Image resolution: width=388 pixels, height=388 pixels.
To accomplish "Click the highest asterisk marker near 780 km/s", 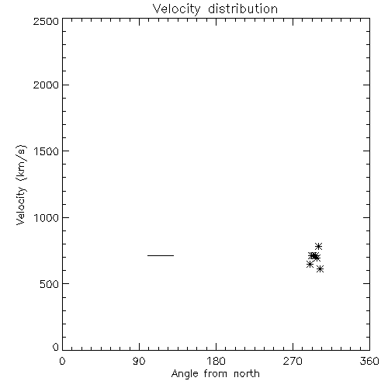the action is coord(318,246).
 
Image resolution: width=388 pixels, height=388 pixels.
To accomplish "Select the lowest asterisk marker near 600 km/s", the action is coord(320,269).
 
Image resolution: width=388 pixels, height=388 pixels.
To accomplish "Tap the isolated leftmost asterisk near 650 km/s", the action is coord(310,265).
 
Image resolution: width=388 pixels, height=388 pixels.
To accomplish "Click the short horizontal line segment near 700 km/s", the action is coord(161,255).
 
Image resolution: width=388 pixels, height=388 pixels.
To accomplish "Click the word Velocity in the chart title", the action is coord(176,9).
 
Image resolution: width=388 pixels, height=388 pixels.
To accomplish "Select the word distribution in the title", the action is coord(243,9).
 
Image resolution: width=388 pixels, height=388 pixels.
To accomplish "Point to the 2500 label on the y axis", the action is coord(46,21).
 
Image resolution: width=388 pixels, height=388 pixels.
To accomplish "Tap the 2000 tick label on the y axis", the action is coord(46,85).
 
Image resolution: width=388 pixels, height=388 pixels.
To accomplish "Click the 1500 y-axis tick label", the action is coord(47,151).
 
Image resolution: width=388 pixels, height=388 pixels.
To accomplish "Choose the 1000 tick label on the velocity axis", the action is coord(47,218).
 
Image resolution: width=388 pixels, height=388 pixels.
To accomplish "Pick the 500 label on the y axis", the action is coord(50,284).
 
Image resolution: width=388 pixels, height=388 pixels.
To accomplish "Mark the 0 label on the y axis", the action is coord(56,347).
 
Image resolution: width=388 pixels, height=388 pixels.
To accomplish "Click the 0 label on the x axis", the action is coord(62,361).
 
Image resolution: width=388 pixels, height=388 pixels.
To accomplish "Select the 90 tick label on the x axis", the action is coord(139,361).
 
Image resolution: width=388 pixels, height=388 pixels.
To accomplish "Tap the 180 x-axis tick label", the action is coord(216,361).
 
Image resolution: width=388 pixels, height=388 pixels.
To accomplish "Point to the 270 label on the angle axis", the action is coord(293,361).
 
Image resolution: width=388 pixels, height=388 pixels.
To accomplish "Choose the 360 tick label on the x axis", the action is coord(369,361).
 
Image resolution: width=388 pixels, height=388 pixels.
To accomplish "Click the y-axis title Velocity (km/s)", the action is coord(21,185).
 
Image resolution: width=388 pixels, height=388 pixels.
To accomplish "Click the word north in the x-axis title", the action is coord(247,373).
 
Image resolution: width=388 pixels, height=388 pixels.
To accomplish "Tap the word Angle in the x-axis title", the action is coord(185,374).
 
